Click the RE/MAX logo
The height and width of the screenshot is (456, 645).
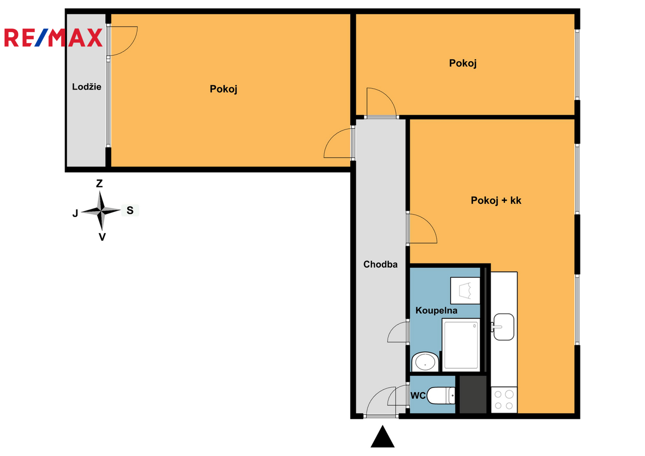click(53, 38)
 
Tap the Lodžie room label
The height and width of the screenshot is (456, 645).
click(87, 87)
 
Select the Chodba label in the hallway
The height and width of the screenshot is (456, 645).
click(381, 264)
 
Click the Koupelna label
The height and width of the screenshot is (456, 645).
click(436, 310)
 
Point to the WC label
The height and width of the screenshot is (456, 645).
click(418, 396)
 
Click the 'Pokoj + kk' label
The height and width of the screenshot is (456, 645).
click(496, 201)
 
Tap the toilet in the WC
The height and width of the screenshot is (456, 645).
click(441, 396)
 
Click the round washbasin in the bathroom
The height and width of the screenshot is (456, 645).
click(425, 361)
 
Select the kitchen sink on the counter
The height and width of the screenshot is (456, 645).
click(503, 327)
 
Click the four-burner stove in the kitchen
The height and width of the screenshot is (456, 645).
click(504, 400)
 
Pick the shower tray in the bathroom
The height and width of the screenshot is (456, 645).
click(461, 345)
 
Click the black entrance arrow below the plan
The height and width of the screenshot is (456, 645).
click(382, 437)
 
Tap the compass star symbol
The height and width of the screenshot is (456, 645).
click(101, 211)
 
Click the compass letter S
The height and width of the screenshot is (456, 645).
click(130, 210)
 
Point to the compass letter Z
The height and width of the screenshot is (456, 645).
click(99, 183)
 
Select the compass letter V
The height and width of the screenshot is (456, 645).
click(102, 237)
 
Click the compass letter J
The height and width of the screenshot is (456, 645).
click(75, 213)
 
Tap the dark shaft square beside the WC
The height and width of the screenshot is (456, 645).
click(473, 394)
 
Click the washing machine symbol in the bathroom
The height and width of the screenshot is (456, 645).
click(465, 290)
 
